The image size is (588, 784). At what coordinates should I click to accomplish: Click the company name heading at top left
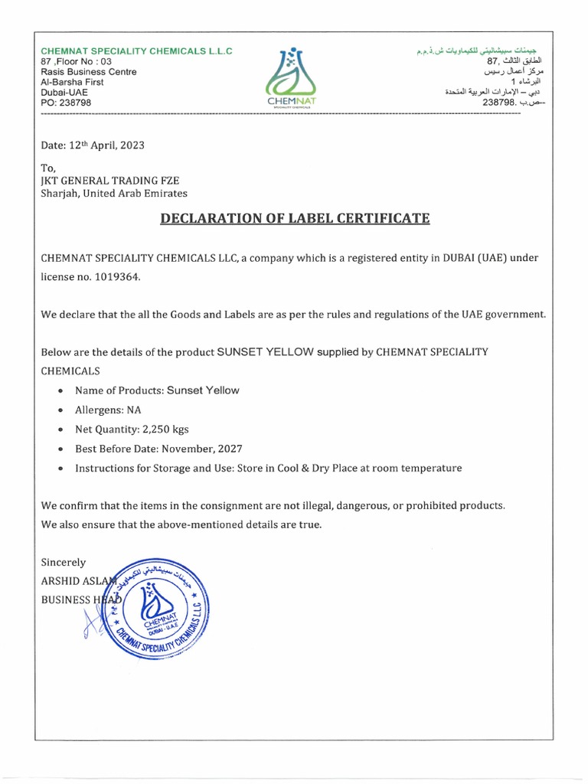pyautogui.click(x=136, y=51)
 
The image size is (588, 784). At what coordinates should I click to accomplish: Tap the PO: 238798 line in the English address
pyautogui.click(x=66, y=102)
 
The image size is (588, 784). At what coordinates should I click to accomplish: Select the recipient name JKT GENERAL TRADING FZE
pyautogui.click(x=110, y=180)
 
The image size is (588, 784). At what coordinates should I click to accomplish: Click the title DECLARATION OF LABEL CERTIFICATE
pyautogui.click(x=295, y=219)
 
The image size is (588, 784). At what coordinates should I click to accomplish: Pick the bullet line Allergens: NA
pyautogui.click(x=108, y=410)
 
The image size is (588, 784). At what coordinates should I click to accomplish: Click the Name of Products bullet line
pyautogui.click(x=157, y=390)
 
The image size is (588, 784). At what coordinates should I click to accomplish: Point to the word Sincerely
pyautogui.click(x=63, y=562)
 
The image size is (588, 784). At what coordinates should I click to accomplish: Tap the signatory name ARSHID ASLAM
pyautogui.click(x=77, y=581)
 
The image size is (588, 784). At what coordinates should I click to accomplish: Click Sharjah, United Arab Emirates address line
pyautogui.click(x=113, y=194)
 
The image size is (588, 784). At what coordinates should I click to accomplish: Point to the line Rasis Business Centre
pyautogui.click(x=88, y=72)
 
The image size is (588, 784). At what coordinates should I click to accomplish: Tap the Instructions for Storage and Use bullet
pyautogui.click(x=268, y=468)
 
